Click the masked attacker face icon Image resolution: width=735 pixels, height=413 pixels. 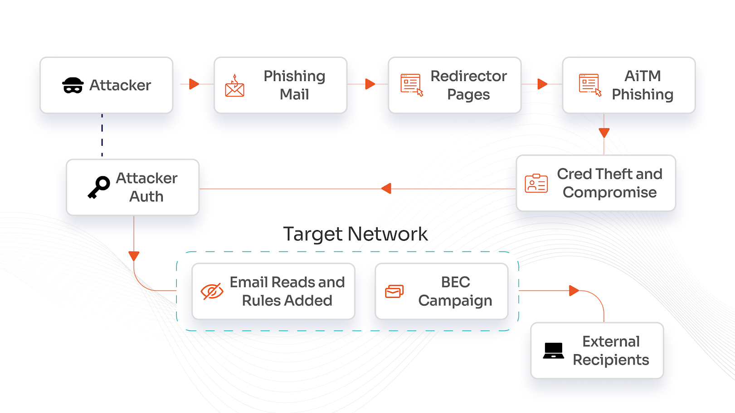[x=73, y=85]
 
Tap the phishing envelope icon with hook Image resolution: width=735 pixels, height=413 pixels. [x=234, y=86]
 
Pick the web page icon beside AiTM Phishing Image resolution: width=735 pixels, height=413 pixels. [x=590, y=85]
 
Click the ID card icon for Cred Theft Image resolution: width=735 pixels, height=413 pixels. [x=536, y=183]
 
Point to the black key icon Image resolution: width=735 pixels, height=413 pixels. [x=99, y=187]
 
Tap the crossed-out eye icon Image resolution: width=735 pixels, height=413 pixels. [x=212, y=291]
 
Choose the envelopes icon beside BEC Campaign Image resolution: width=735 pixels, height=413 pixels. [x=394, y=291]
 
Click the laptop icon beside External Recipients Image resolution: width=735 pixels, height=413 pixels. [x=554, y=351]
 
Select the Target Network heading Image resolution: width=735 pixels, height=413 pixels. [x=355, y=234]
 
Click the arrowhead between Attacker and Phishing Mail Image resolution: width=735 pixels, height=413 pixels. [x=194, y=84]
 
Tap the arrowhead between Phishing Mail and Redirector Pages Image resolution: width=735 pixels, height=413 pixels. [x=370, y=84]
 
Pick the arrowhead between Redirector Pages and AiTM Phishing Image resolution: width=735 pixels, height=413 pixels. [x=542, y=84]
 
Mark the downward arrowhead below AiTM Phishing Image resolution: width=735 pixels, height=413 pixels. [x=604, y=133]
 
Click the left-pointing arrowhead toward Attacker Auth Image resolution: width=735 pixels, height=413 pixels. [x=386, y=188]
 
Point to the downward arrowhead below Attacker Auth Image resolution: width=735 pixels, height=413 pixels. [x=134, y=256]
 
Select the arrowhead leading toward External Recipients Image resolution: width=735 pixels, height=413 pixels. [x=574, y=290]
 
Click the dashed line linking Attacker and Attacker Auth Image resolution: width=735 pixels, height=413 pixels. [x=102, y=135]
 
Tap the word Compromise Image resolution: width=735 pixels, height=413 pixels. [x=609, y=192]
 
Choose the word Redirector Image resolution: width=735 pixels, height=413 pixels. [x=468, y=76]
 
